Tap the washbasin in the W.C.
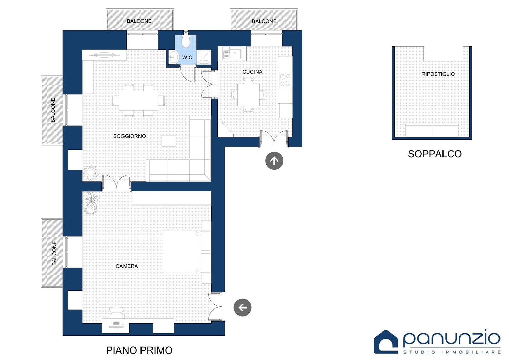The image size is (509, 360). pos(174,57)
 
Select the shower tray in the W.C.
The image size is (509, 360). pos(204,57)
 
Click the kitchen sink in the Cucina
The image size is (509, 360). pos(232,54)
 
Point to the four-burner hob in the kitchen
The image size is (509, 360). pos(285,80)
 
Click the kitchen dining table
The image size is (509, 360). pos(248,95)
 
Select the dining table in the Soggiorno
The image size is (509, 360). pos(138,100)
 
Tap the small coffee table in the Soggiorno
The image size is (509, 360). pos(169,141)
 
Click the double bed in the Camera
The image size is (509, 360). pos(182,252)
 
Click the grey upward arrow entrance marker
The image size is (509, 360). pos(274,161)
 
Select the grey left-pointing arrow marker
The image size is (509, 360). pos(243,307)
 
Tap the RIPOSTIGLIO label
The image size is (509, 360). pos(438,74)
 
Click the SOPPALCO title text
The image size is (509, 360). pos(435,154)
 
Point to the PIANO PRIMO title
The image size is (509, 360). pos(139,350)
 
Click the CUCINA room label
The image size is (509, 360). pos(252,72)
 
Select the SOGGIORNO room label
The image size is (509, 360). pos(129,136)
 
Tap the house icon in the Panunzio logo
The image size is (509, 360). pos(385,342)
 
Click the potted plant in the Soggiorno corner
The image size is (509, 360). pos(91,173)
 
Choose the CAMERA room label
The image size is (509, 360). pos(127,266)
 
